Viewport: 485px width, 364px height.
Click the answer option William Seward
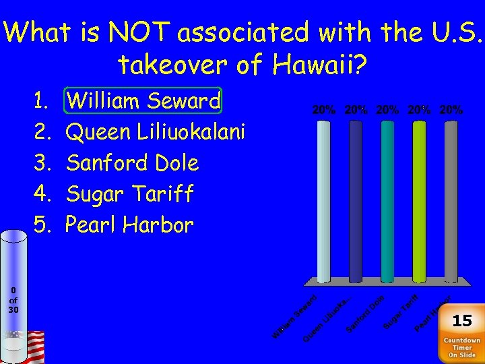(144, 101)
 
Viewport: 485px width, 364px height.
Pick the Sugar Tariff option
(129, 194)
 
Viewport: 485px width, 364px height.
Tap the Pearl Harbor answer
(129, 225)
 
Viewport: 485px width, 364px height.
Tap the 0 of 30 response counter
(13, 300)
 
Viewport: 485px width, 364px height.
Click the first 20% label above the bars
(324, 109)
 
